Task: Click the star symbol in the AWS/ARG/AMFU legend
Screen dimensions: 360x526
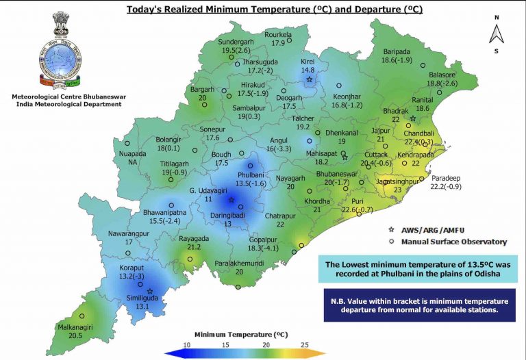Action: pos(391,230)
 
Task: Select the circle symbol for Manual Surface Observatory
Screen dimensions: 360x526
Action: pos(391,242)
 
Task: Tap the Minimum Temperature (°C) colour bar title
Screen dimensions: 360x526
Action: pos(244,334)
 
